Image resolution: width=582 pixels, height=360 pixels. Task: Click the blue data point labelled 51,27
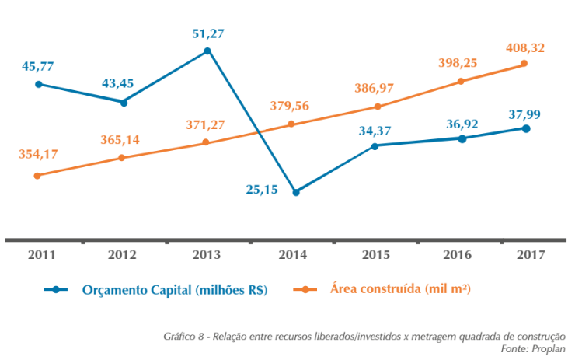[207, 51]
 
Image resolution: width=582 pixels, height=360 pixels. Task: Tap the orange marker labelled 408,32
[524, 64]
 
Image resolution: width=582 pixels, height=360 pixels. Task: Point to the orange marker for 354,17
[37, 176]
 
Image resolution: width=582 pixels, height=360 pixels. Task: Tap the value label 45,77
[37, 67]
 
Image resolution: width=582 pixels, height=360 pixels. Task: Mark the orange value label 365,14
[120, 140]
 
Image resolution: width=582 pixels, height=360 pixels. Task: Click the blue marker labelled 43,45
[123, 102]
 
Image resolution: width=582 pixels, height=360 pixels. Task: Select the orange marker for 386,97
[377, 107]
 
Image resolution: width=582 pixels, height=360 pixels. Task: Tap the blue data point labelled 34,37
[375, 145]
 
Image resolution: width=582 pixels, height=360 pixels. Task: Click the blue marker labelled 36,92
[462, 138]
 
